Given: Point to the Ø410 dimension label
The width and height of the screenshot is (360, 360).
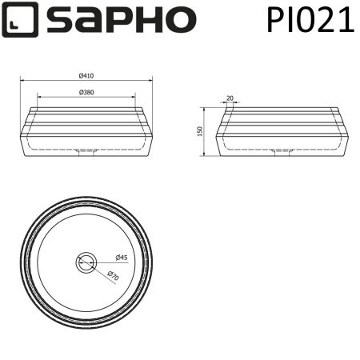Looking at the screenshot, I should (x=86, y=76).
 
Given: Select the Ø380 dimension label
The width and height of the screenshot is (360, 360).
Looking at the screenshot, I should (x=86, y=92).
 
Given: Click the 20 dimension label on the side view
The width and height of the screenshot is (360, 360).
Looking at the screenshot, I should (x=230, y=98).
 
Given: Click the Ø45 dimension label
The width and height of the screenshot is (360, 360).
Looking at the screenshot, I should (x=122, y=258).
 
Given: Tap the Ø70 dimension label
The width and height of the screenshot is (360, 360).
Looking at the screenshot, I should (x=114, y=276).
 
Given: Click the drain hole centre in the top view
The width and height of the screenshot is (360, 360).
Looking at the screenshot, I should (x=86, y=262).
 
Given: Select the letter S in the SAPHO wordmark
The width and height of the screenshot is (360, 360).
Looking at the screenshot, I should (x=59, y=19).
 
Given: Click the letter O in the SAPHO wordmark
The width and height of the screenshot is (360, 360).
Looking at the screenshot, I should (x=180, y=19).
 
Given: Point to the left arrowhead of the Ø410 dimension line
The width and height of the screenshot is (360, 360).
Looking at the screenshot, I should (x=22, y=80).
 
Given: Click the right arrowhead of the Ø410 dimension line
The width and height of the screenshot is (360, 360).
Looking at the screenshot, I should (x=150, y=80).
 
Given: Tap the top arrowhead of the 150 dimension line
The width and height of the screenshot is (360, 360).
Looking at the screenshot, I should (x=206, y=107).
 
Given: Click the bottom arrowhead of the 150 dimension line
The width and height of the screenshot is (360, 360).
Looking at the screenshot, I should (x=206, y=156).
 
